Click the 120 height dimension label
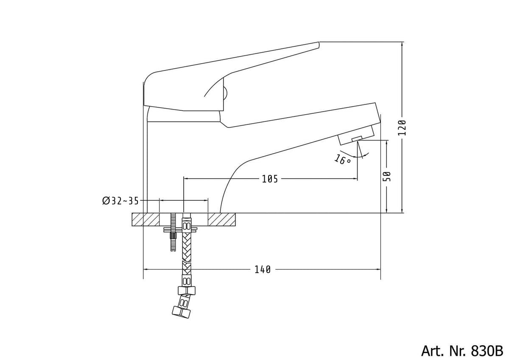[402, 128]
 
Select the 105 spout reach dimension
[270, 179]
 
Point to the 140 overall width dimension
[263, 270]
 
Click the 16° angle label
[342, 159]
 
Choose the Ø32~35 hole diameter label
[120, 201]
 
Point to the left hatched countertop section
[145, 219]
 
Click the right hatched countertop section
[221, 219]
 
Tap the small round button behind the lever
[225, 93]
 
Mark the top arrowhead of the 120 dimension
[402, 44]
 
